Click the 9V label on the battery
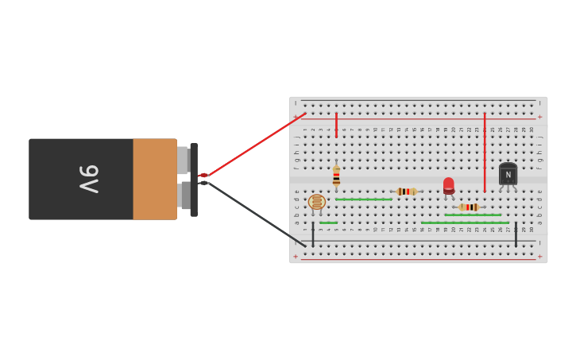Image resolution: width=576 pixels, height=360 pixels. point(89,180)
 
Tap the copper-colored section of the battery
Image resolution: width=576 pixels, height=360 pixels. point(155,180)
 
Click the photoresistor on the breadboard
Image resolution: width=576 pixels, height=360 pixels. point(317,202)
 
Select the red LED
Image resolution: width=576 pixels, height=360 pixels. point(449,186)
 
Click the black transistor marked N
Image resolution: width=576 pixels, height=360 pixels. point(508,175)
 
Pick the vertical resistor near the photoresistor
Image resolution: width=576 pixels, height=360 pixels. point(336,176)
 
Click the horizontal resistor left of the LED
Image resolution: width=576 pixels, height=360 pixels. point(406,192)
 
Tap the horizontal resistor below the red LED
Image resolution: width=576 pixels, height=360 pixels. point(469,207)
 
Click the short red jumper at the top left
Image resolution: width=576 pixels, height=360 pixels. point(336,125)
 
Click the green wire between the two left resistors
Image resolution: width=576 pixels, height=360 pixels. point(363,199)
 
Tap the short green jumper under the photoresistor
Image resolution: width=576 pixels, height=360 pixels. point(328,223)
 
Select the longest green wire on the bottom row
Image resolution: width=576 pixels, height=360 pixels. point(464,223)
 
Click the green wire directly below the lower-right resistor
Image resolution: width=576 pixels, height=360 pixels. point(473,215)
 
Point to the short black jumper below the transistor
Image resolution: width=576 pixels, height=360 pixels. point(516,234)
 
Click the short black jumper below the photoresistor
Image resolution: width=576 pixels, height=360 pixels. point(313,234)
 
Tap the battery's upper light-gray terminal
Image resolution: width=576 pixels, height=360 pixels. point(183,161)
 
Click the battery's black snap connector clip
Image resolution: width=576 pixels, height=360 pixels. point(194,180)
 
